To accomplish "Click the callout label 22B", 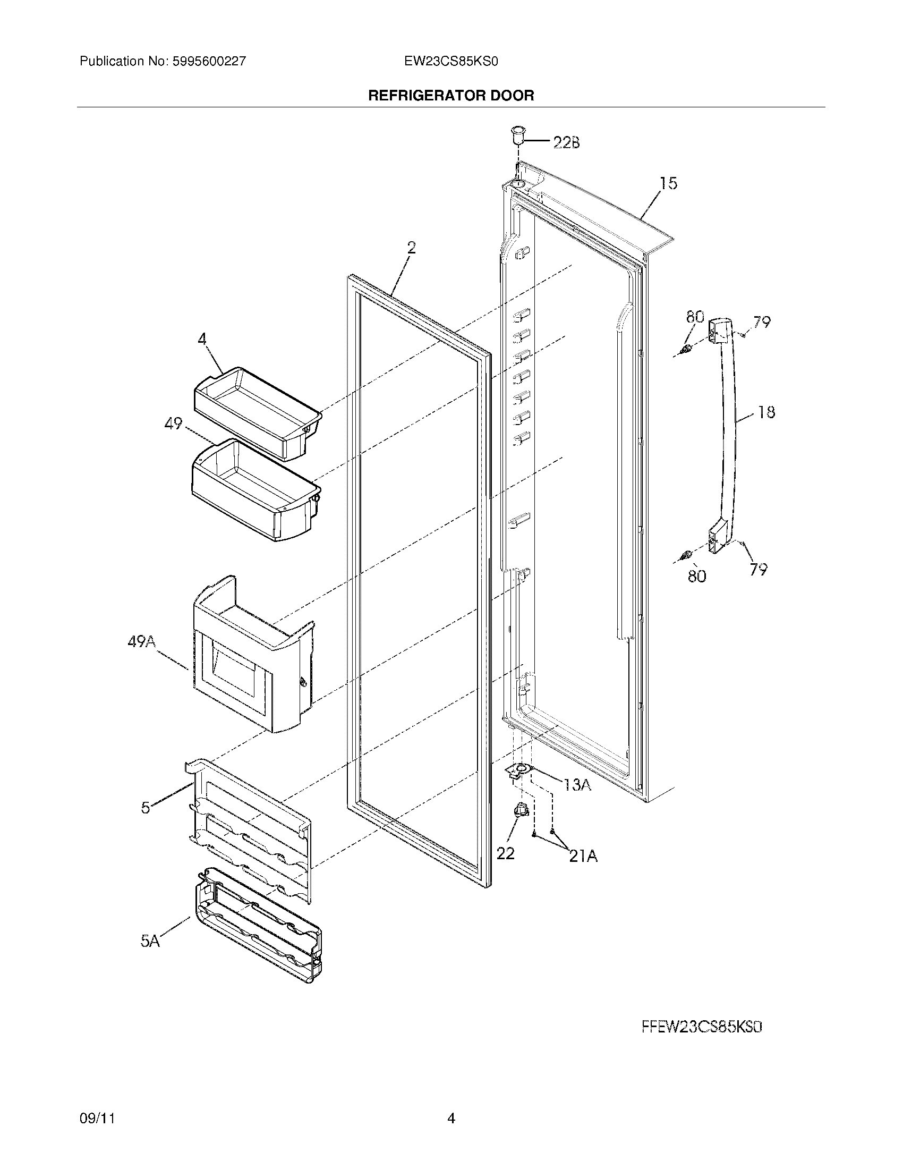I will pos(566,143).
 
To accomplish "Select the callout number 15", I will pos(668,184).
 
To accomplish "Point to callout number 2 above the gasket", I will pos(411,248).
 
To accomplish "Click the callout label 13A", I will pos(577,785).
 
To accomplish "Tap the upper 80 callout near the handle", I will pos(695,317).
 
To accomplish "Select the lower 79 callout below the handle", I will pos(759,570).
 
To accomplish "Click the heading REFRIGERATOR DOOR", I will pos(451,96).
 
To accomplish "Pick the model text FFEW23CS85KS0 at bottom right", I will pos(701,1027).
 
